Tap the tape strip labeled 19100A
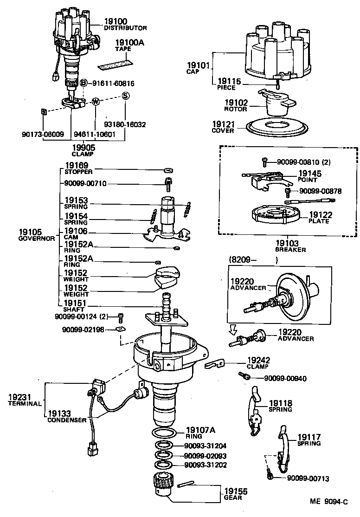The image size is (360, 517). pyautogui.click(x=116, y=59)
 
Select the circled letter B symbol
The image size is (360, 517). pyautogui.click(x=84, y=83)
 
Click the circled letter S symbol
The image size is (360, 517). pyautogui.click(x=125, y=96)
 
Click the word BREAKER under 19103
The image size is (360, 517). pyautogui.click(x=290, y=250)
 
